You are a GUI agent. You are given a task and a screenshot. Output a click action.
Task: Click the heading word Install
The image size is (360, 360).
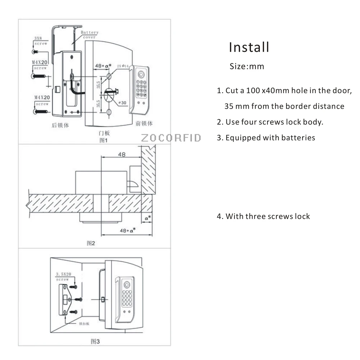[249, 47]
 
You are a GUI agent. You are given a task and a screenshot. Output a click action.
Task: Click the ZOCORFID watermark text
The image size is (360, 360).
[171, 138]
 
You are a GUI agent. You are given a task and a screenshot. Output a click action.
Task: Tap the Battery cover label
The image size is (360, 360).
[89, 35]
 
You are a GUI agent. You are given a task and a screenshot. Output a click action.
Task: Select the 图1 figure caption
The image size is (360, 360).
[104, 140]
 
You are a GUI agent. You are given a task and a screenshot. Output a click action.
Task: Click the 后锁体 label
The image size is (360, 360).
[60, 126]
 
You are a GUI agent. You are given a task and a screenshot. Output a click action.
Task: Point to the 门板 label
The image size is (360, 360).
[104, 133]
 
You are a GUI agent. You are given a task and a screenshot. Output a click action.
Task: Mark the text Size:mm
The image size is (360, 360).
[247, 67]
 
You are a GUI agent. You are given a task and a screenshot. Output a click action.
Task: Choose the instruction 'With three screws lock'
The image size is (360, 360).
[267, 216]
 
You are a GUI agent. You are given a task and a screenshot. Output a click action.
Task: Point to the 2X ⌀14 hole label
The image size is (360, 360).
[123, 66]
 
